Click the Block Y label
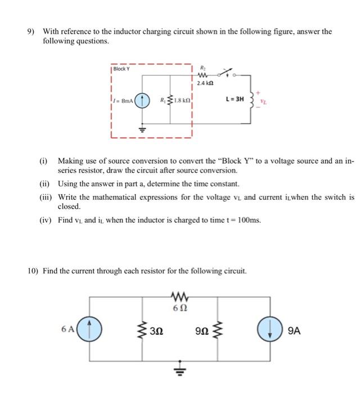[121, 69]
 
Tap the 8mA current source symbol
[143, 102]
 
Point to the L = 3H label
[235, 98]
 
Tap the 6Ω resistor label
[179, 309]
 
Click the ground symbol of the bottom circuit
[179, 371]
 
